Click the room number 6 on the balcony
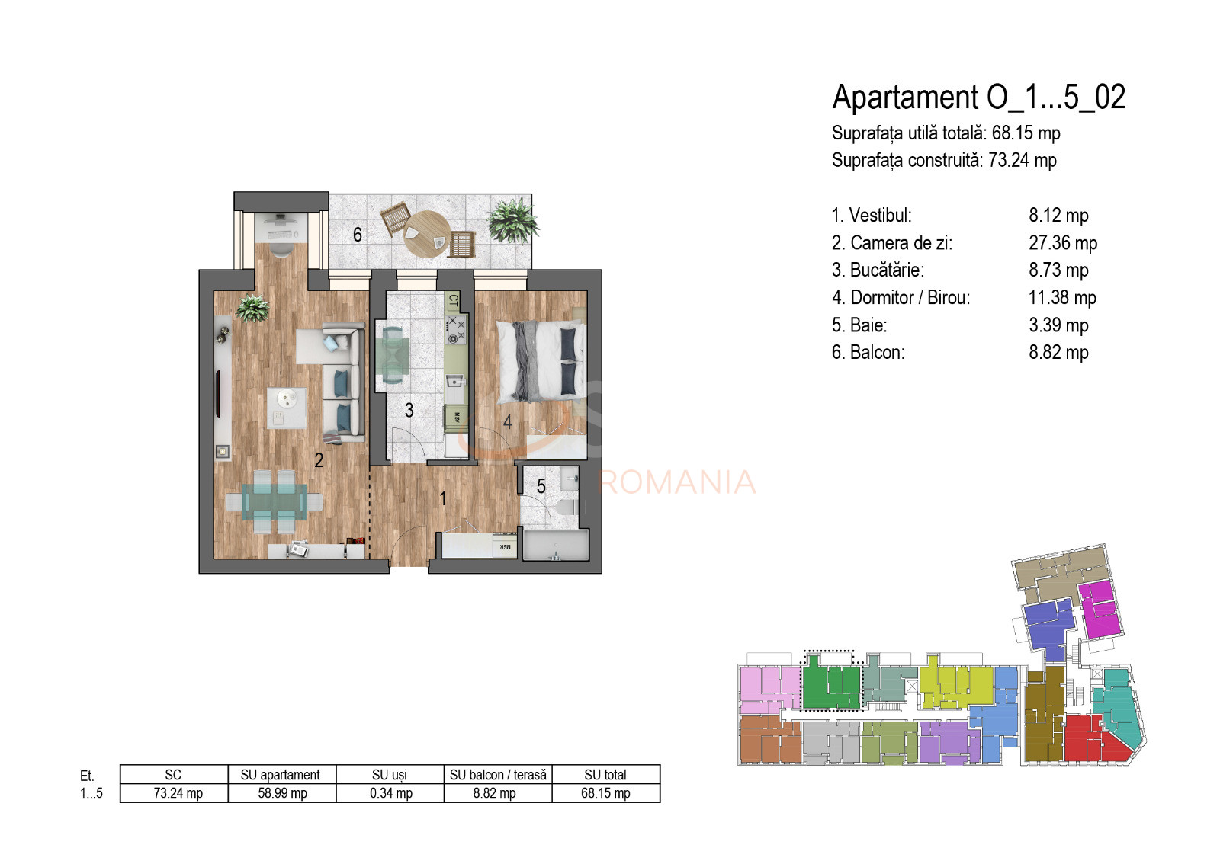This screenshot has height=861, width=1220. pos(357,235)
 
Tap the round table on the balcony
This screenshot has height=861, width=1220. pos(426,233)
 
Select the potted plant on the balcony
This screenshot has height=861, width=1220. pos(512,220)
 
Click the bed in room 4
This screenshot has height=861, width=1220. pos(541,360)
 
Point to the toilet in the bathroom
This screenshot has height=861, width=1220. pos(565,507)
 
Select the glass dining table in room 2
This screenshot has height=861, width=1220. pos(274,501)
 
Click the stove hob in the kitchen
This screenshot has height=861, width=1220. pos(455,330)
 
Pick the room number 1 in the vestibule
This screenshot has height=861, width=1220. pos(443,498)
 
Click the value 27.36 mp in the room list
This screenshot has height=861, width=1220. pos(1062,243)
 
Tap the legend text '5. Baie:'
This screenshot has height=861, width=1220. pos(859,325)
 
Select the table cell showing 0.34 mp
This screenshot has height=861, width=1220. pos(390,793)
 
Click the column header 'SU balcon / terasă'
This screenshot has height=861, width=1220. pos(498,775)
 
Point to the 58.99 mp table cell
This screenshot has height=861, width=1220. pos(282,793)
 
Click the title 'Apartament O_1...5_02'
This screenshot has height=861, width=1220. pos(978,98)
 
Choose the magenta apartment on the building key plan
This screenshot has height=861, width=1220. pos(1100,610)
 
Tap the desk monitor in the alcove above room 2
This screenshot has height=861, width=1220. pos(281,219)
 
